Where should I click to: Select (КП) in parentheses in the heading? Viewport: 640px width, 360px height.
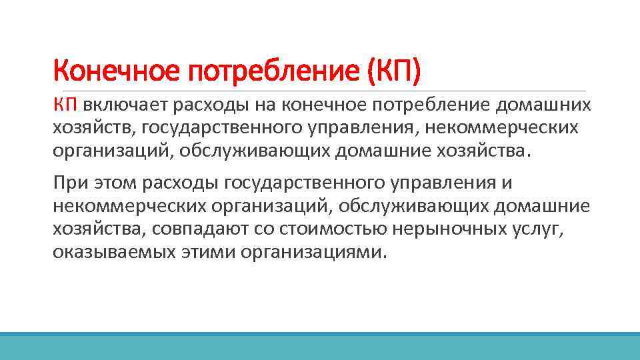click(395, 71)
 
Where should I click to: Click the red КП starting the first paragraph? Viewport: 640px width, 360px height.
click(66, 105)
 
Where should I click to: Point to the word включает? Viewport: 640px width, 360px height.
click(126, 105)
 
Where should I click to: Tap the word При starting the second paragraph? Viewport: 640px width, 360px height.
click(67, 183)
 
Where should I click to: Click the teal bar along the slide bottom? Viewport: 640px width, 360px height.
click(320, 346)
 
